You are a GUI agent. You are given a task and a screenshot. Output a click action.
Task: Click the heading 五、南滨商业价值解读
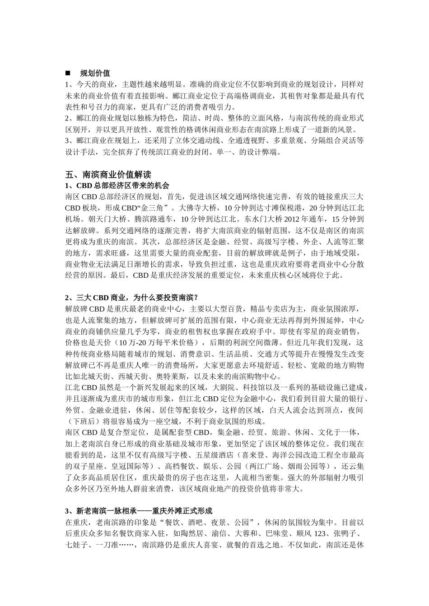click(x=108, y=174)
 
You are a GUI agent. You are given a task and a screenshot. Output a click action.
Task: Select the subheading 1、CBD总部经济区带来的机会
click(x=117, y=185)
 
